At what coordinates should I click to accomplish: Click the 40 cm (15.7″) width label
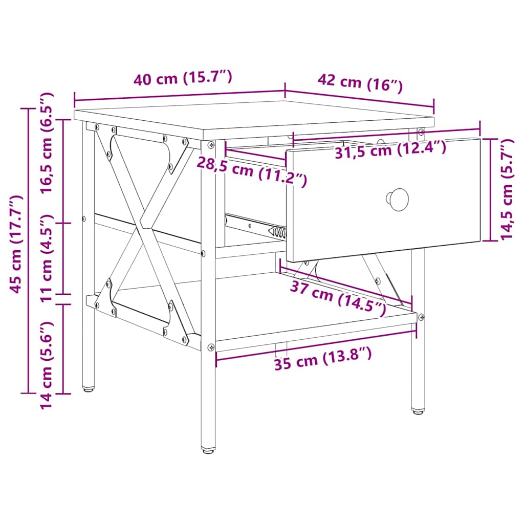pos(183,79)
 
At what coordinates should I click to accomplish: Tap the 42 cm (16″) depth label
pos(360,83)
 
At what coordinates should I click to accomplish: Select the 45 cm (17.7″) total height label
pos(16,244)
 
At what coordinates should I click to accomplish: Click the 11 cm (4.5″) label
pos(47,258)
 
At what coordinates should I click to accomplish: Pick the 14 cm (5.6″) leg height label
pos(47,364)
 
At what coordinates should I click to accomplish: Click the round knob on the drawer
pos(397,197)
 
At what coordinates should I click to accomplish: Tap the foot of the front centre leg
pos(208,449)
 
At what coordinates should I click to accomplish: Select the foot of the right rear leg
pos(418,410)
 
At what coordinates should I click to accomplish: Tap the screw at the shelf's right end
pos(421,317)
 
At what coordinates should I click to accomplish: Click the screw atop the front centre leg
pos(211,144)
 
